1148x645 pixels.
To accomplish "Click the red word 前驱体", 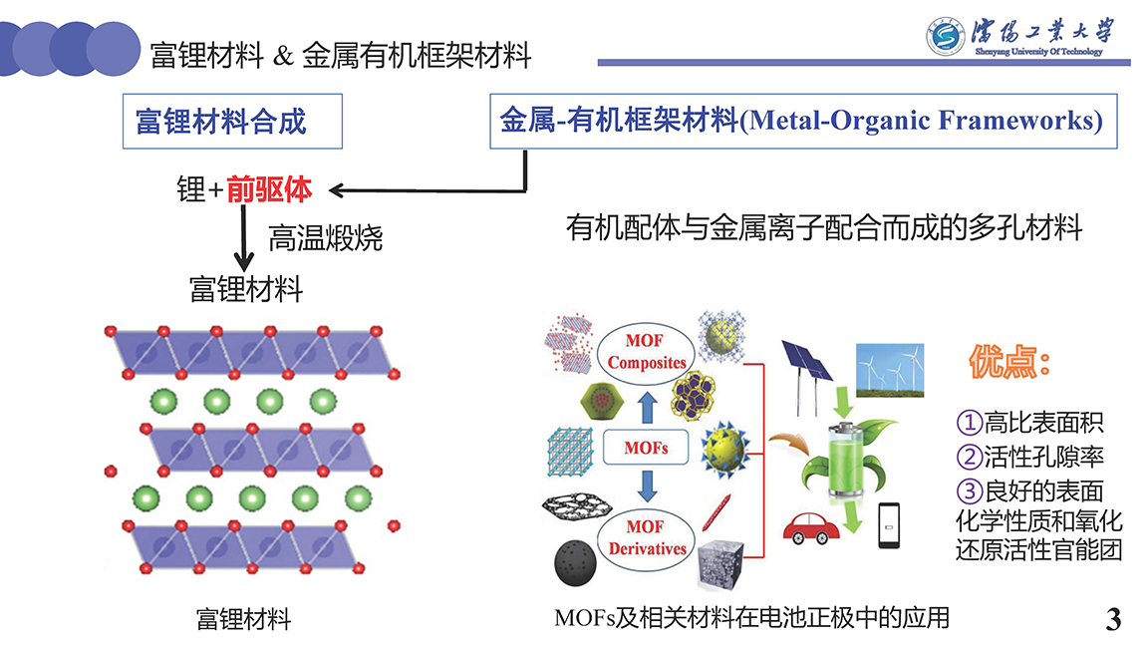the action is coord(269,189).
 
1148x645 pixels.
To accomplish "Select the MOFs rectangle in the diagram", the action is coord(646,448).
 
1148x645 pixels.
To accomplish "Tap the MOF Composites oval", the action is coord(646,352).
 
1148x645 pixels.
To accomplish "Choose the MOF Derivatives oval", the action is coord(647,538).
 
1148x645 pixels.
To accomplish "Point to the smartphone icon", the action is coord(889,525).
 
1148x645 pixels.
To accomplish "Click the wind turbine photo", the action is coord(890,370).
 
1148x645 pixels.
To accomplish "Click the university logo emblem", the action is coord(945,37).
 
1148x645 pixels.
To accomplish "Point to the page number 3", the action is coord(1113,619).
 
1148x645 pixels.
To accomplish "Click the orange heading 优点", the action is coord(1008,362).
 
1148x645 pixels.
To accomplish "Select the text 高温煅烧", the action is coord(325,238).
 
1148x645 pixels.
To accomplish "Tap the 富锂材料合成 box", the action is coord(232,122).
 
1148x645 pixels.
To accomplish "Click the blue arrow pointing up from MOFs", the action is coord(647,407).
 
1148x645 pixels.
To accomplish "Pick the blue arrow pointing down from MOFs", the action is coord(647,486).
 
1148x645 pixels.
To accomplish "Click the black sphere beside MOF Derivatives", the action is coord(575,562).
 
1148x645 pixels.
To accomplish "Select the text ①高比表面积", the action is coord(1029,423).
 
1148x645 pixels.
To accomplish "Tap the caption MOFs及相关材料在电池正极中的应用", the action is coord(752,618).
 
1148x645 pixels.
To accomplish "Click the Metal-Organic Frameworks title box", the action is coord(803,122).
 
